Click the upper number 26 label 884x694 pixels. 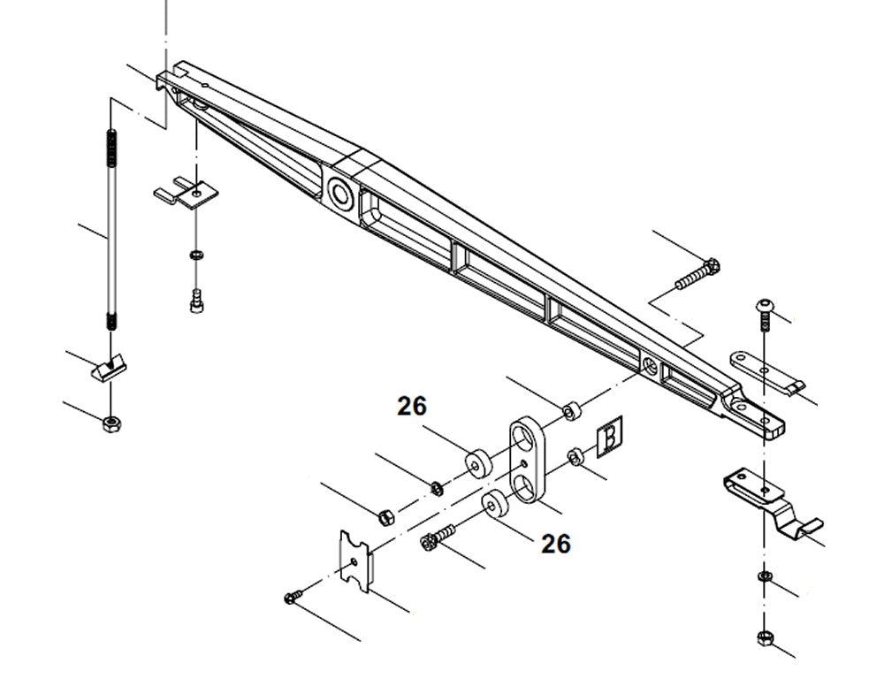(412, 406)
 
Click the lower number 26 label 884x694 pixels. (556, 544)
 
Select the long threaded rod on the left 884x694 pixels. (110, 230)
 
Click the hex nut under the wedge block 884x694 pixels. (111, 423)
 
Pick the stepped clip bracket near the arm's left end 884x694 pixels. (187, 193)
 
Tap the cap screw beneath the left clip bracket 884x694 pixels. (195, 301)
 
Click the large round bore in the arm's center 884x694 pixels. (339, 190)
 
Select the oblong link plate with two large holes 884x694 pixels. (526, 462)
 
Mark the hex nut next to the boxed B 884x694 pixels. (573, 457)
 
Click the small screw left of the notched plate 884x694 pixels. (293, 599)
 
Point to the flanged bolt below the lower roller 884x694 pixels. (438, 536)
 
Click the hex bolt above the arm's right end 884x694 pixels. (698, 273)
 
